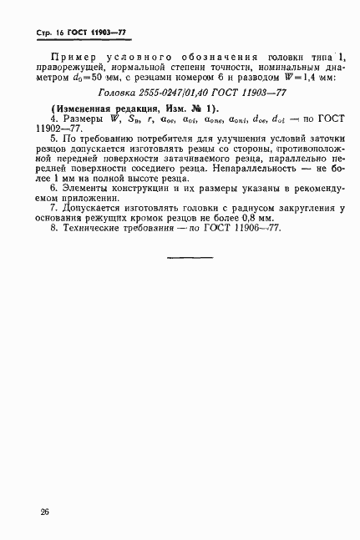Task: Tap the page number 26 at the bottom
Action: tap(43, 512)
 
